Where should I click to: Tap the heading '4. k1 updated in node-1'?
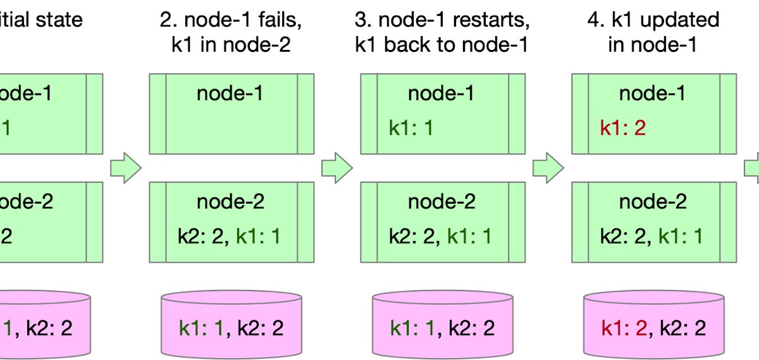[653, 32]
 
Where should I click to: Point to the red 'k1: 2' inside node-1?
[623, 128]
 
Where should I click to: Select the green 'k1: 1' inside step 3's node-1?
[412, 128]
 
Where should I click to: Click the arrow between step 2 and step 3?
[336, 168]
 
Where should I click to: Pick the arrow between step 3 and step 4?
[548, 168]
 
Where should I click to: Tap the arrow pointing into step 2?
[125, 168]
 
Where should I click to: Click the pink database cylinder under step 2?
[231, 326]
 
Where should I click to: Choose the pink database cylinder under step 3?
[442, 326]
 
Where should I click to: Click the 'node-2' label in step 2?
[230, 202]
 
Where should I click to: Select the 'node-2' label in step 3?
[441, 202]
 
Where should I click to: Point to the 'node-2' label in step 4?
[653, 202]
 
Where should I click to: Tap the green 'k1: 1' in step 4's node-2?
[682, 237]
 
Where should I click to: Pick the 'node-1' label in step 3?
[441, 94]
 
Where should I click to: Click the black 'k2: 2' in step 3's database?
[472, 328]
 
